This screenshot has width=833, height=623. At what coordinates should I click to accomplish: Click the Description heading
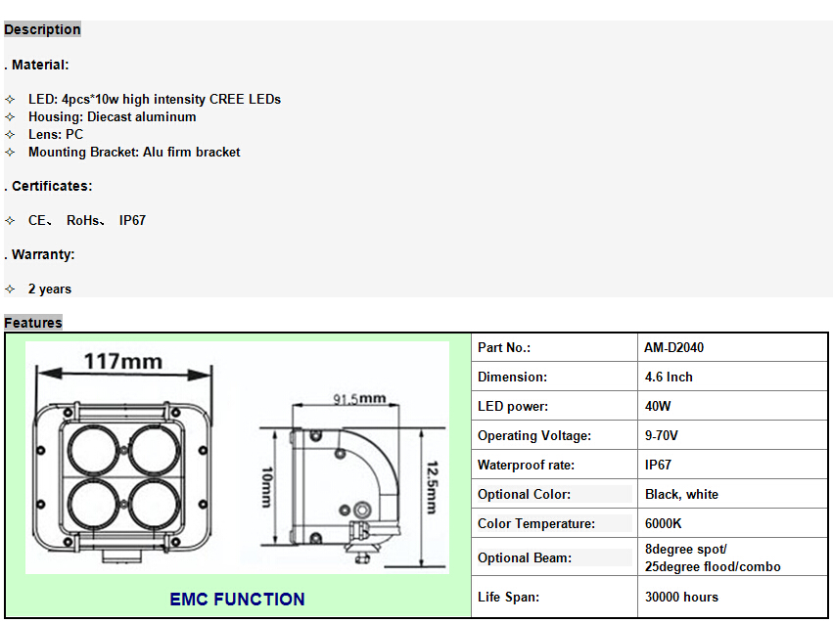(42, 29)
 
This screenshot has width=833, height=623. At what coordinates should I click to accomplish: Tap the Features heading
(33, 323)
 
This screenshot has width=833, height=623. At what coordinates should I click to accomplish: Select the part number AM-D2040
(673, 347)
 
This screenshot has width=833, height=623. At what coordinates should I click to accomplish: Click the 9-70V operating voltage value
(661, 435)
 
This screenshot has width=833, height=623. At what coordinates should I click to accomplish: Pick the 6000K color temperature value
(663, 524)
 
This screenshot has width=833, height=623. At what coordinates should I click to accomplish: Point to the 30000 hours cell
(681, 597)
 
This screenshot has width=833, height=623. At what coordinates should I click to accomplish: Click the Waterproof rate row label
(526, 465)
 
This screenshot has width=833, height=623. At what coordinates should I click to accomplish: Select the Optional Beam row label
(525, 557)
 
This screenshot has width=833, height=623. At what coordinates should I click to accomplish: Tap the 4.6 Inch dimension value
(669, 377)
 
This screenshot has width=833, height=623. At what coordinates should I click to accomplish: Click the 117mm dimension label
(123, 362)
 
